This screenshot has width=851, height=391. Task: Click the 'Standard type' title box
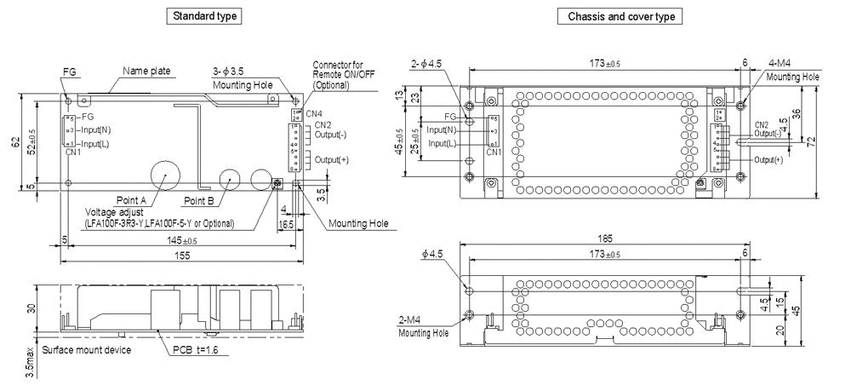coord(205,16)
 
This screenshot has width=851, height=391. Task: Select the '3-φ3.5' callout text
coord(230,71)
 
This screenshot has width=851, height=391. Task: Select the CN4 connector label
coord(314,114)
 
